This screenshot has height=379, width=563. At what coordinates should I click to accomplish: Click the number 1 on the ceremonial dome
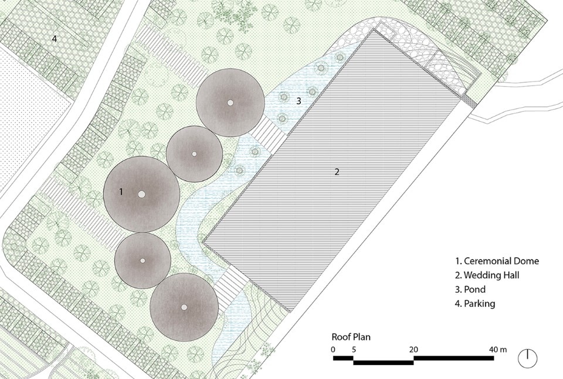(121, 192)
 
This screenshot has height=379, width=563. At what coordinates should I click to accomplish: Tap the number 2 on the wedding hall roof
(337, 172)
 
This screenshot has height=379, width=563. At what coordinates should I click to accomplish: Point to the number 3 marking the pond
(299, 101)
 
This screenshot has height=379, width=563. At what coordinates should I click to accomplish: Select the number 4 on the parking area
(54, 38)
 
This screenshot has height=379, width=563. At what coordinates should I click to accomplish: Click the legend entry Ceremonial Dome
(497, 261)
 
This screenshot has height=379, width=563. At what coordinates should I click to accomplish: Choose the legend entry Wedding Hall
(487, 275)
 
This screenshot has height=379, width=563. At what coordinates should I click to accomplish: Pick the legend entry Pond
(470, 289)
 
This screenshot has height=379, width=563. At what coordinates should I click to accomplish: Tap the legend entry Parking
(475, 303)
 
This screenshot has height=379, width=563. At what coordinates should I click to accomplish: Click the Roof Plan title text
(351, 337)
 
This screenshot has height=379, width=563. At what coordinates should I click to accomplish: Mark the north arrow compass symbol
(528, 358)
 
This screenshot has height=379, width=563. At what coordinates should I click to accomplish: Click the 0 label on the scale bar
(334, 350)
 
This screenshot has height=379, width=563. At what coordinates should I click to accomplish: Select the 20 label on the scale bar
(413, 350)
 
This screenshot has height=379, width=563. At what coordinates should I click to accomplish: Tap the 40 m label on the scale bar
(498, 350)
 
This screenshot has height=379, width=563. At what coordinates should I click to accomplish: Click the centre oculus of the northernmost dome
(230, 103)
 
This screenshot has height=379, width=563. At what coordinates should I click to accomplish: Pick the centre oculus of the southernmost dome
(184, 308)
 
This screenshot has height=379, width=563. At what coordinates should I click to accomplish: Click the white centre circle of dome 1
(141, 194)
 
